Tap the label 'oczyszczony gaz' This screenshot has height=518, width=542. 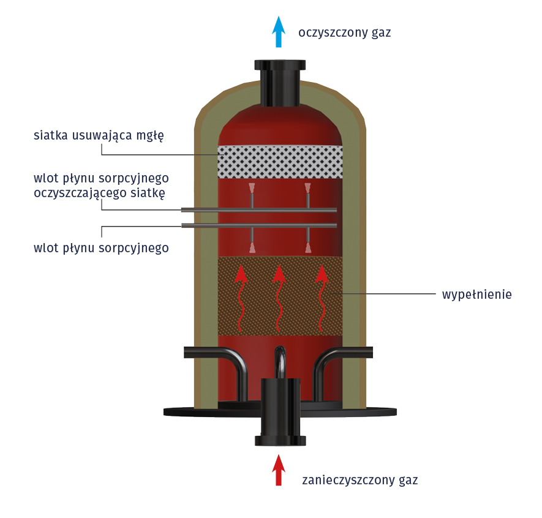[x=344, y=32]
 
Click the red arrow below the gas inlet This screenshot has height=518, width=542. [x=279, y=470]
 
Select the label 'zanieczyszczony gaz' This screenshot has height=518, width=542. [x=359, y=479]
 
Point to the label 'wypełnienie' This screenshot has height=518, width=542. [x=476, y=295]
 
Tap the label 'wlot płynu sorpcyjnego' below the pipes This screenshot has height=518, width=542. [x=101, y=248]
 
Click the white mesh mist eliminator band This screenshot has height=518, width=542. [x=280, y=162]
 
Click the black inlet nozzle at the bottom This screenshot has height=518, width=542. [x=280, y=410]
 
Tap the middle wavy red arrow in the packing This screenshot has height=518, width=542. [x=279, y=297]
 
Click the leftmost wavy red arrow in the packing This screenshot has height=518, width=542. [x=241, y=297]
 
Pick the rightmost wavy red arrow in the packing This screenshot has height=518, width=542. [x=321, y=297]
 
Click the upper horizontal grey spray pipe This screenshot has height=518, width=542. [x=259, y=211]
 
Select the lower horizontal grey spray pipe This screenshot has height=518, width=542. [x=259, y=225]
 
